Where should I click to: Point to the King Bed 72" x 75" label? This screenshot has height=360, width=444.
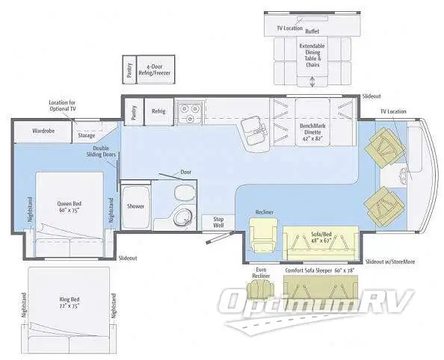click(x=70, y=304)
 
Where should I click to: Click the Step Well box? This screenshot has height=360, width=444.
click(x=218, y=222)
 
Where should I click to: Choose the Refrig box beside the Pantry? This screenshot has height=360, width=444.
click(x=158, y=111)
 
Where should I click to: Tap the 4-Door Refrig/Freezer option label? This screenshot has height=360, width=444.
click(x=155, y=69)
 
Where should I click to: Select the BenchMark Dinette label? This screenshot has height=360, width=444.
click(x=316, y=132)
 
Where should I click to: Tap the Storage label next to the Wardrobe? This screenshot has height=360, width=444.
click(x=87, y=136)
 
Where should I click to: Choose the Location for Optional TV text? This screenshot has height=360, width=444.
click(x=64, y=105)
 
